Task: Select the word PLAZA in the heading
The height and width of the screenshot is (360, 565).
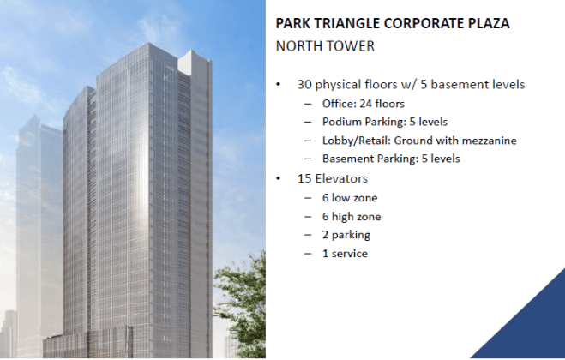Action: [x=485, y=24]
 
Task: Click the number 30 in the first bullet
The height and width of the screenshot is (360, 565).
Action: [x=303, y=85]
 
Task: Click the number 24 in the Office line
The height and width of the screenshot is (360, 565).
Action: [x=368, y=104]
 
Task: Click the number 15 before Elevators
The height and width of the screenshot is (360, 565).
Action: [x=303, y=179]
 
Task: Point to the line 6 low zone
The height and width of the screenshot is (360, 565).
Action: [x=349, y=198]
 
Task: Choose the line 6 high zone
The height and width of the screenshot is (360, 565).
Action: [x=351, y=217]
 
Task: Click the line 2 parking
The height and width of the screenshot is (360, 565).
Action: [x=346, y=235]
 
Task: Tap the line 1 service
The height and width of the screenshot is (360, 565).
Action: [x=345, y=254]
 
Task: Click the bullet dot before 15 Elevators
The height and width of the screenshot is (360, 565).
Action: [x=279, y=179]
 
